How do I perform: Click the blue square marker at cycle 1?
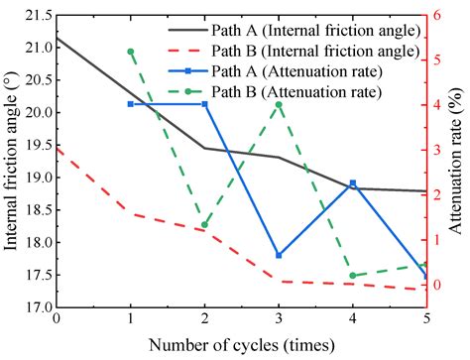(x=130, y=104)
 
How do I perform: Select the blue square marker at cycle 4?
(x=353, y=183)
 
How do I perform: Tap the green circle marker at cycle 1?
(x=130, y=51)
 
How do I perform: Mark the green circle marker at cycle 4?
(x=353, y=276)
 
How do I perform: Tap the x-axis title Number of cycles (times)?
(x=242, y=346)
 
